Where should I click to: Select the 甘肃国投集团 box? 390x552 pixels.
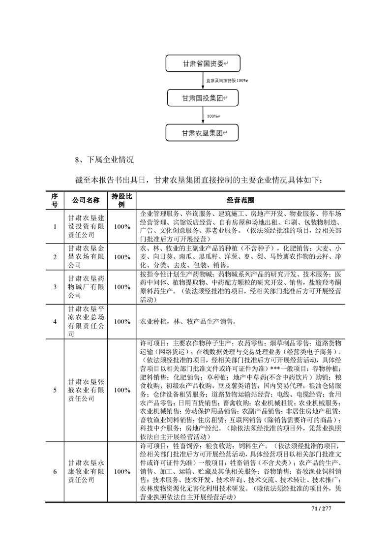pos(203,98)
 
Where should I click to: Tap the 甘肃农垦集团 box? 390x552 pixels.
pos(203,133)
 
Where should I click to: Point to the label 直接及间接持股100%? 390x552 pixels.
pos(227,80)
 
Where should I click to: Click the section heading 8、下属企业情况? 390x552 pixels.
pos(103,160)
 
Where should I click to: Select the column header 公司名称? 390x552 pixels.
pos(86,200)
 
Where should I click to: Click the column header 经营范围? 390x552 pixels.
pos(240,200)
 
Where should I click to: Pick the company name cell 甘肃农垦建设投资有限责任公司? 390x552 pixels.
pos(86,226)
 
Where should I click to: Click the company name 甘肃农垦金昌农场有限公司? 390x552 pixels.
pos(86,256)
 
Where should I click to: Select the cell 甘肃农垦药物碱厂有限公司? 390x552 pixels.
pos(86,286)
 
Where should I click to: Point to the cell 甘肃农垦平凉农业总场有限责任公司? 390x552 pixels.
pos(86,321)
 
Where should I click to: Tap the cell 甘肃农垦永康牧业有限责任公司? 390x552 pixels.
pos(86,471)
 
